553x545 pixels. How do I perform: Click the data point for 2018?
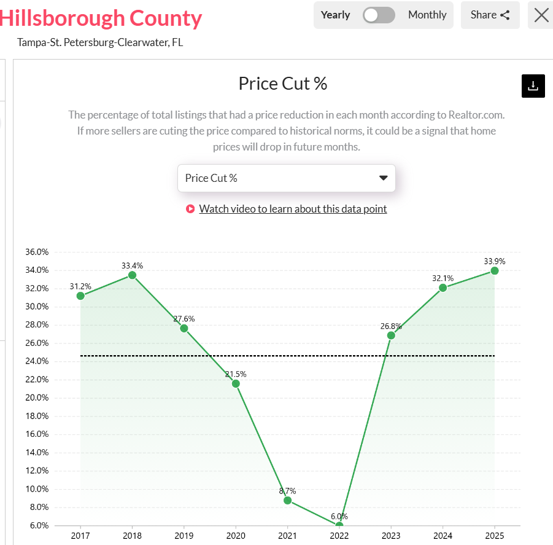(x=132, y=275)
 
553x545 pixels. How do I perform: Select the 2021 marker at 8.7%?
(x=287, y=500)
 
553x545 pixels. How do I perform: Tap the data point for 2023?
(x=391, y=335)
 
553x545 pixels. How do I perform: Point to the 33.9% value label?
(x=494, y=261)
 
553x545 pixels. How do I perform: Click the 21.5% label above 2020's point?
(x=236, y=374)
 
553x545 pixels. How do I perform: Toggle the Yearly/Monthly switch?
(x=379, y=15)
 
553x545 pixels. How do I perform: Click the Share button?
(x=490, y=15)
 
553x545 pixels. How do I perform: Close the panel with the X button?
(x=541, y=15)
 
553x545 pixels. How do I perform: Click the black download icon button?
(x=533, y=86)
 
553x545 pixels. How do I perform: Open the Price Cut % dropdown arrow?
(x=384, y=178)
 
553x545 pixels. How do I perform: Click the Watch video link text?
(x=293, y=209)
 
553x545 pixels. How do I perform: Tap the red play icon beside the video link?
(x=190, y=209)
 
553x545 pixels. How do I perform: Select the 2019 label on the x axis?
(x=184, y=536)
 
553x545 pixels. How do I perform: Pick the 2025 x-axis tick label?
(x=494, y=536)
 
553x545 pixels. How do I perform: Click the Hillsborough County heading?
(x=101, y=18)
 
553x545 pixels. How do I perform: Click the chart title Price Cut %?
(x=282, y=84)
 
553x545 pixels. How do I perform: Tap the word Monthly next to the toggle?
(x=427, y=15)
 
